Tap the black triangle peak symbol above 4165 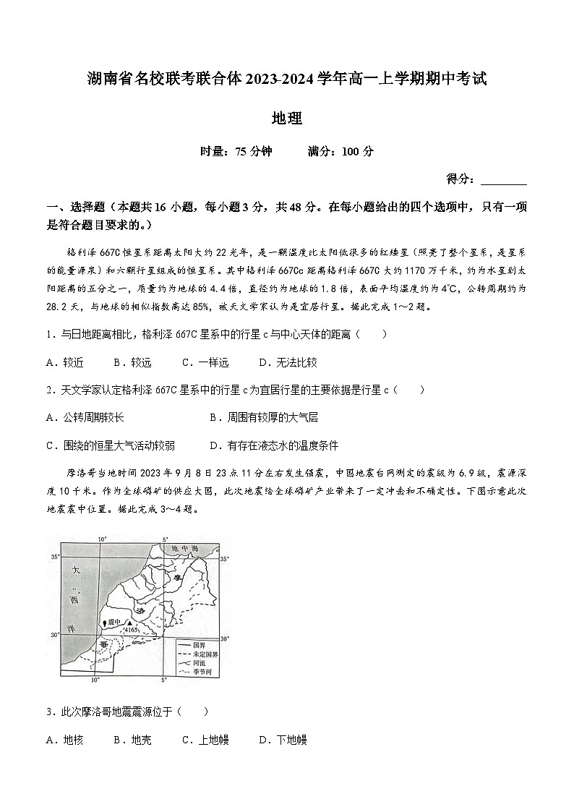point(129,622)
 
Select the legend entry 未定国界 point(205,653)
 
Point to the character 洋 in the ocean point(72,629)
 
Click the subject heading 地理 point(286,117)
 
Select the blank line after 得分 point(503,179)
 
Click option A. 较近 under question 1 point(64,362)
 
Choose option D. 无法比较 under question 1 point(288,362)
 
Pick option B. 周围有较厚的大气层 point(263,417)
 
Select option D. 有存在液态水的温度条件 point(273,445)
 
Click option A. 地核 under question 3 point(64,740)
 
